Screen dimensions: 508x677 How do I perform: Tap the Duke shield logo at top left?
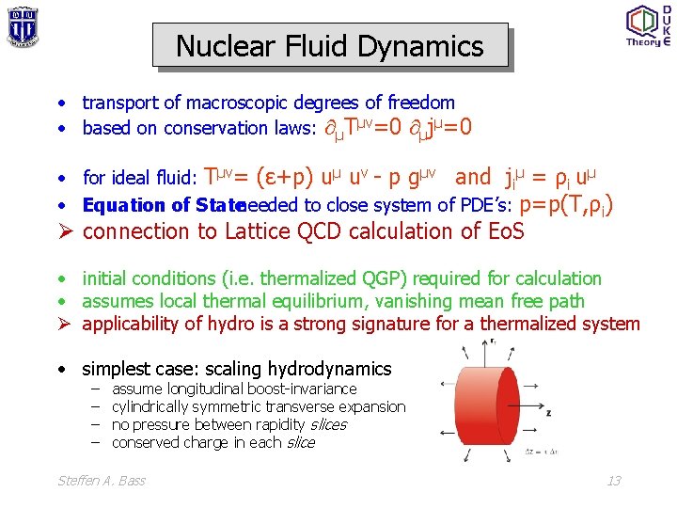pyautogui.click(x=22, y=26)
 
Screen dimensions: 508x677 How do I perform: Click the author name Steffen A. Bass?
pyautogui.click(x=102, y=481)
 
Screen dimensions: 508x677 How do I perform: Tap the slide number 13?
pyautogui.click(x=613, y=481)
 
